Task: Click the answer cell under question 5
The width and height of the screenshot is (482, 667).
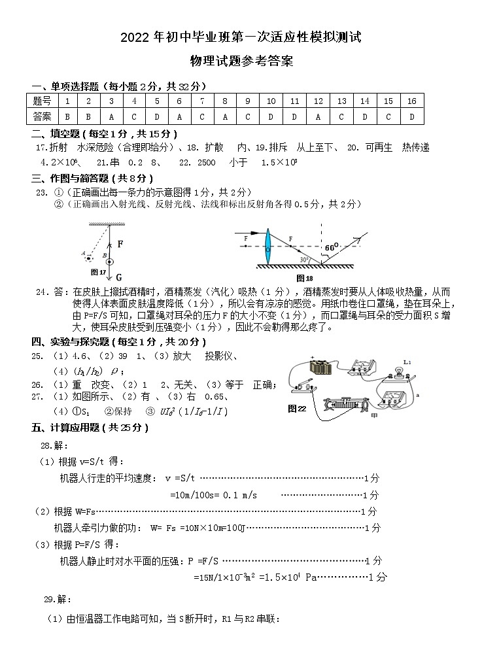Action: (x=157, y=116)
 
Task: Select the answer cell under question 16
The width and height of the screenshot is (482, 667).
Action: (x=411, y=116)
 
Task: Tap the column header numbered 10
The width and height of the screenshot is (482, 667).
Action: (x=271, y=101)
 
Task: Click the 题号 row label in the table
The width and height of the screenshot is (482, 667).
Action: (x=43, y=101)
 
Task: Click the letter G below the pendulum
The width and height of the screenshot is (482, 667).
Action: (x=119, y=277)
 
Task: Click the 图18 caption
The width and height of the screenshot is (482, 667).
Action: (x=305, y=278)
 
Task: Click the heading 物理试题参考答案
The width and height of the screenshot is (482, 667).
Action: (x=241, y=62)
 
